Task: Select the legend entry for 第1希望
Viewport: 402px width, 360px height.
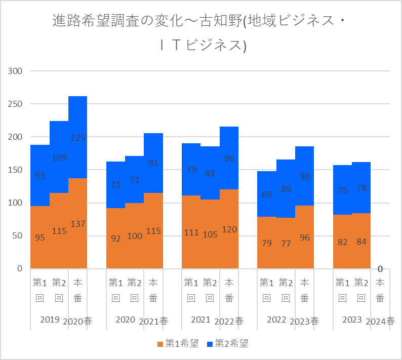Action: click(177, 344)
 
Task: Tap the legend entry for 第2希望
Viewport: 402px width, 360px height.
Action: click(228, 344)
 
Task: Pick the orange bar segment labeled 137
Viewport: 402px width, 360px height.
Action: click(77, 223)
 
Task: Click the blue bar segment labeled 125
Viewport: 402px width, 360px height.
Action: click(77, 137)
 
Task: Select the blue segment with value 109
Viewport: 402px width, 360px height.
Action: click(59, 157)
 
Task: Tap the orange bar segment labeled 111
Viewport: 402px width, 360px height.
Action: click(191, 232)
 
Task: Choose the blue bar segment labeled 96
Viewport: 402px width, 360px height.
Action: click(229, 158)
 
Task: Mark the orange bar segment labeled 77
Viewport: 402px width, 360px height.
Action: click(286, 243)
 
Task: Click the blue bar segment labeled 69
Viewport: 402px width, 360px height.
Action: click(267, 194)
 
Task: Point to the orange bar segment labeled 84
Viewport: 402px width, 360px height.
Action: click(361, 241)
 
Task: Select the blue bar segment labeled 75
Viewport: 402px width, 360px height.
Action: click(342, 190)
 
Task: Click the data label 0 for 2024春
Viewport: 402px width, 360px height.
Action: click(380, 268)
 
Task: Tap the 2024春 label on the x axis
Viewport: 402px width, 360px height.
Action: click(380, 321)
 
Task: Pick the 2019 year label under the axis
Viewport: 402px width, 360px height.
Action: click(50, 320)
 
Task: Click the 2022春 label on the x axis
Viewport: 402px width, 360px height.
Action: click(229, 321)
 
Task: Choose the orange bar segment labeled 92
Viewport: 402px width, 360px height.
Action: click(115, 238)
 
